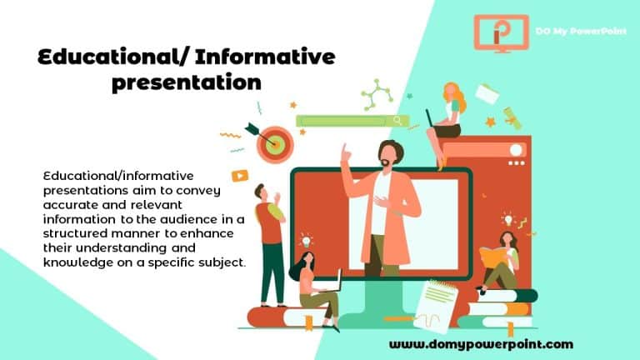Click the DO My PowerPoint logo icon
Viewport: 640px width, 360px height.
click(501, 32)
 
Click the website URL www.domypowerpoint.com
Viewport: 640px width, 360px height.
click(481, 343)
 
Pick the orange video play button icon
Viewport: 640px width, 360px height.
click(240, 176)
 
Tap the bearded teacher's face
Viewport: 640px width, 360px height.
click(387, 157)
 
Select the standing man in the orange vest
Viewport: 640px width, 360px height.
click(270, 237)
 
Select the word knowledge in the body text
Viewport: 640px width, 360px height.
click(77, 262)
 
